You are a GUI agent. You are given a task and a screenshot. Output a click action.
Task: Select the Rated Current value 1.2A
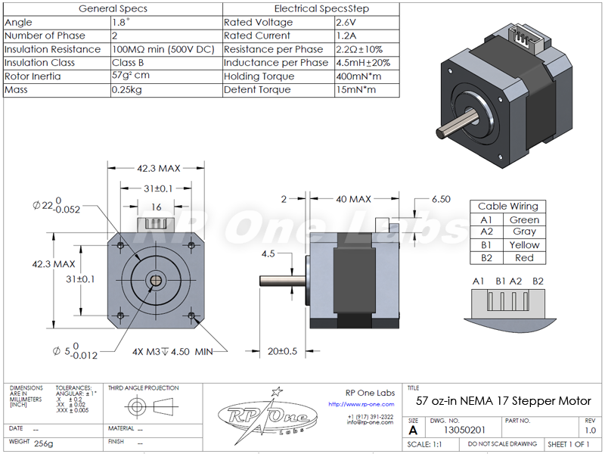click(348, 36)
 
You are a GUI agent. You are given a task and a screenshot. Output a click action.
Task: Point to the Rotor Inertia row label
click(33, 76)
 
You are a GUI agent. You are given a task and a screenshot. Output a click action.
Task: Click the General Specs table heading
click(113, 9)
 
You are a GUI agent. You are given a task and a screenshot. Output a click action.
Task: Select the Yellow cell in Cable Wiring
click(524, 245)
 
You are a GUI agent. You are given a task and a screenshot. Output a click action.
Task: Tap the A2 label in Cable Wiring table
click(486, 232)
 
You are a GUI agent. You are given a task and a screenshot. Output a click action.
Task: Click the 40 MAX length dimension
click(353, 199)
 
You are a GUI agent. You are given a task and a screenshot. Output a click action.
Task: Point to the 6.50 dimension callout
click(442, 199)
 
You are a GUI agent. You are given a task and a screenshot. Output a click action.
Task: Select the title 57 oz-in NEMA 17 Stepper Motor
click(504, 400)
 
